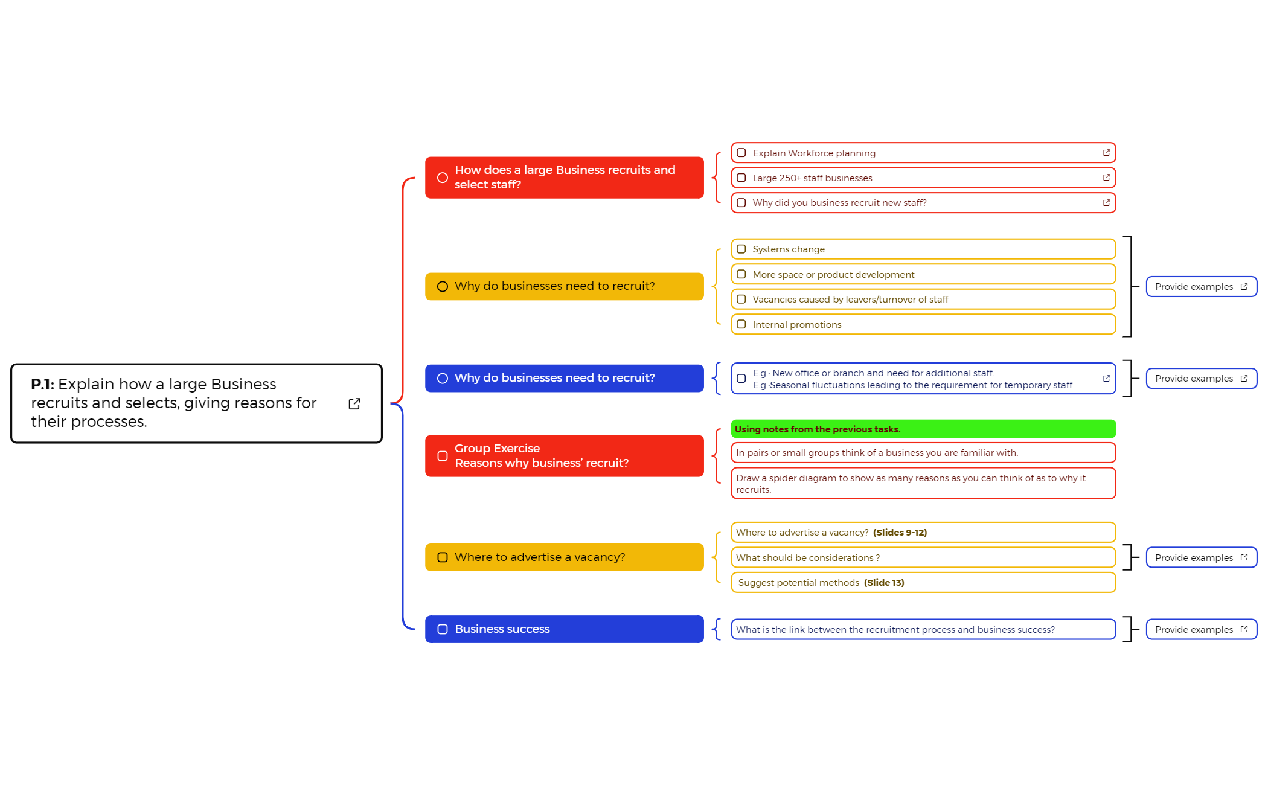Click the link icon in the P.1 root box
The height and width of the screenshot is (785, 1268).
coord(354,403)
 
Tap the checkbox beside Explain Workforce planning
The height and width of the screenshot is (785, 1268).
coord(741,153)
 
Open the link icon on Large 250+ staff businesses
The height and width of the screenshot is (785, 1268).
coord(1106,178)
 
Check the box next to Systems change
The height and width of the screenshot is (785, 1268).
coord(741,249)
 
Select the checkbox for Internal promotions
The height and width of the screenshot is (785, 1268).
coord(741,324)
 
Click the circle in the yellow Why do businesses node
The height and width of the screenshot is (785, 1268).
coord(443,286)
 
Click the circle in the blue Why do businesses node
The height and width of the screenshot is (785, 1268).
coord(443,378)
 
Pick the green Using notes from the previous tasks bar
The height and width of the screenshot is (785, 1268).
coord(923,429)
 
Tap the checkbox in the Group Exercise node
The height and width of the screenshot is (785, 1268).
coord(443,456)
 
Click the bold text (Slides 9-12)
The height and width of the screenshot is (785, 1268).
coord(900,533)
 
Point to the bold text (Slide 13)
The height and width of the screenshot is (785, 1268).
coord(884,583)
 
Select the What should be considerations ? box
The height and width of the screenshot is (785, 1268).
coord(923,557)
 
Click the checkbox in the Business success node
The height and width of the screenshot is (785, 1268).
coord(443,629)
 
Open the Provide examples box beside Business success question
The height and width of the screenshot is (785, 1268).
coord(1200,629)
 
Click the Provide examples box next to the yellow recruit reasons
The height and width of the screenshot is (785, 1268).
coord(1200,287)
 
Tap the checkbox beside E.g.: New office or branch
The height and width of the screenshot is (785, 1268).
coord(741,379)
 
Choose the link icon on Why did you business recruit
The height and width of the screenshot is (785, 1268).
coord(1106,203)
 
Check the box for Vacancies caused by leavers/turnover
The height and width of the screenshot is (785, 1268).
coord(741,300)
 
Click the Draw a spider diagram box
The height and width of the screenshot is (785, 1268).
coord(923,483)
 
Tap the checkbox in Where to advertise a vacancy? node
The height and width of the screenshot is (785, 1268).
coord(443,557)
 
